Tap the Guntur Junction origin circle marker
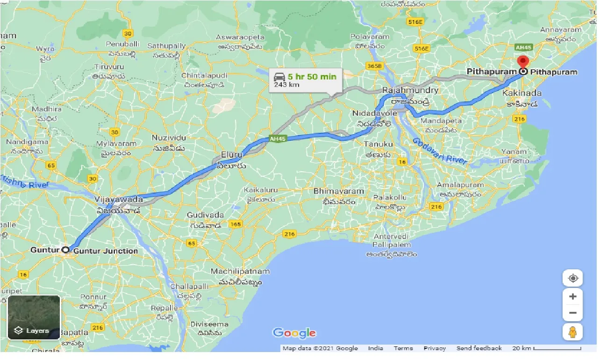click(66, 250)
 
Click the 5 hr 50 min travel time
click(312, 76)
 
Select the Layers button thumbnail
click(34, 317)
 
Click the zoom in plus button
click(573, 296)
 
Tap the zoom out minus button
click(573, 313)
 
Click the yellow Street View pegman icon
click(573, 332)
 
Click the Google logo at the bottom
click(294, 333)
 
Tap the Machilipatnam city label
click(240, 271)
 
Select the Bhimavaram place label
click(339, 191)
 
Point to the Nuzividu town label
click(169, 137)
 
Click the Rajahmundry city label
click(410, 90)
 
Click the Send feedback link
click(479, 348)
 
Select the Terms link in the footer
click(403, 348)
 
